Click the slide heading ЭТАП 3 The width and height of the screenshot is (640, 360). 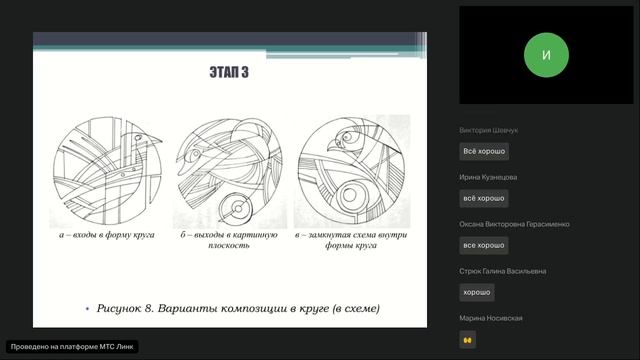click(229, 72)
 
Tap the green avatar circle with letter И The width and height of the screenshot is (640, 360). click(546, 55)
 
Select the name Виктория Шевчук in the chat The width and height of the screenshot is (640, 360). click(488, 130)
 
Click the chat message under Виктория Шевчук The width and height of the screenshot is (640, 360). click(484, 151)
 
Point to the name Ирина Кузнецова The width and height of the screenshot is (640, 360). click(488, 177)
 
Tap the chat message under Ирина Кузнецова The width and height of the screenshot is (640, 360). click(484, 198)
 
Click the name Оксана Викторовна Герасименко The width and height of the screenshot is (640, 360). click(514, 224)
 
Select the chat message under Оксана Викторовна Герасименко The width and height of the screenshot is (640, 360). click(484, 245)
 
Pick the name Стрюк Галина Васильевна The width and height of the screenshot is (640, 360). click(502, 271)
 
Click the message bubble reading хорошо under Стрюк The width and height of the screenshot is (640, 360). click(477, 292)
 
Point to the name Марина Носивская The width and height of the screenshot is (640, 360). click(491, 318)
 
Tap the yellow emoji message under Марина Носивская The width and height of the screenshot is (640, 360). click(467, 340)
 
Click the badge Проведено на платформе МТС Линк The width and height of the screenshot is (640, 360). click(72, 347)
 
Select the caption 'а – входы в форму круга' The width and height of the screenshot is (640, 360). click(107, 235)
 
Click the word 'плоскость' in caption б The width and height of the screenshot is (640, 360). click(229, 245)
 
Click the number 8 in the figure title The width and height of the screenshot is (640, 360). click(148, 308)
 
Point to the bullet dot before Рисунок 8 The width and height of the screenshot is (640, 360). click(87, 309)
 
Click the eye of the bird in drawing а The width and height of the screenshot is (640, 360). click(138, 138)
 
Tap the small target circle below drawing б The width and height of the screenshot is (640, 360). click(236, 209)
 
